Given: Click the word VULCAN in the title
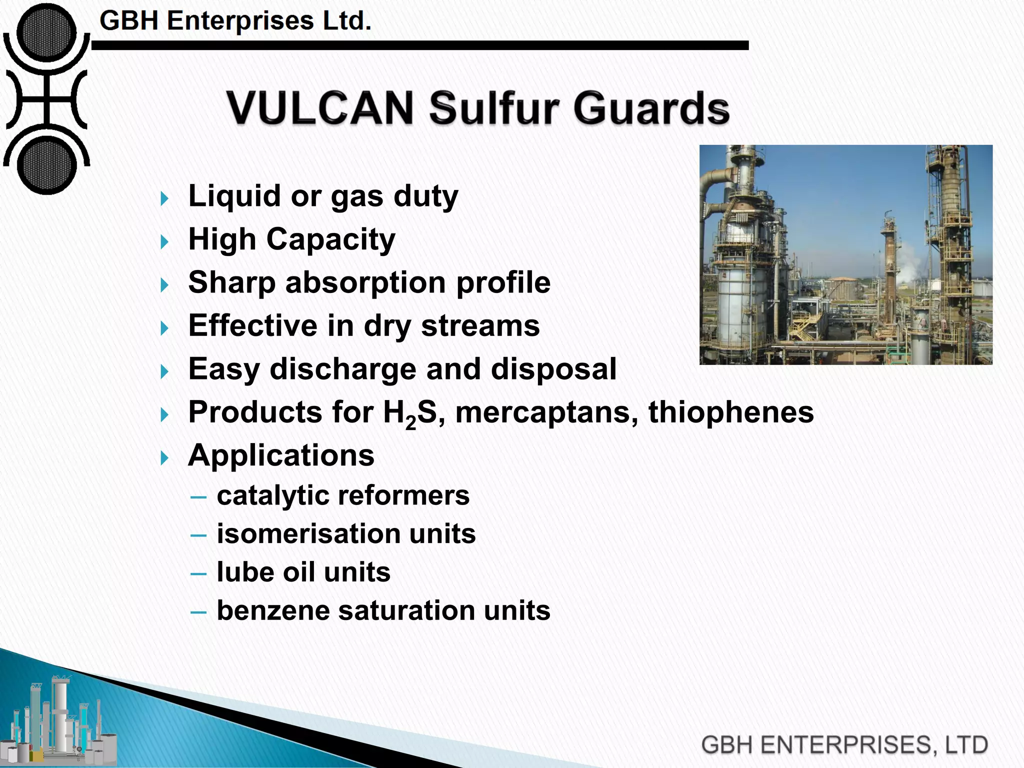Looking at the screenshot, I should (x=320, y=107).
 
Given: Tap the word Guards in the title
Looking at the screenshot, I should (x=651, y=107).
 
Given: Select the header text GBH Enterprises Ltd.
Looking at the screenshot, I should (x=235, y=21).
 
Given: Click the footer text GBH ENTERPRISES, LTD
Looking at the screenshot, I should (x=844, y=744).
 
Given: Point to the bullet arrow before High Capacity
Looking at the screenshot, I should (x=164, y=242).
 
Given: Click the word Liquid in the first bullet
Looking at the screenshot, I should (x=234, y=195).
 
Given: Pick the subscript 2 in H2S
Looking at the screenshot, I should (x=411, y=423).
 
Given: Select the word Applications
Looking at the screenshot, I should (x=281, y=455).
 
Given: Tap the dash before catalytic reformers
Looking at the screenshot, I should (x=198, y=497).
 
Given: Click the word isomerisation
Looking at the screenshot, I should (x=308, y=533).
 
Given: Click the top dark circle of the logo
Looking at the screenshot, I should (x=46, y=33).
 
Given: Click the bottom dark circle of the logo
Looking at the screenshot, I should (x=46, y=165).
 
